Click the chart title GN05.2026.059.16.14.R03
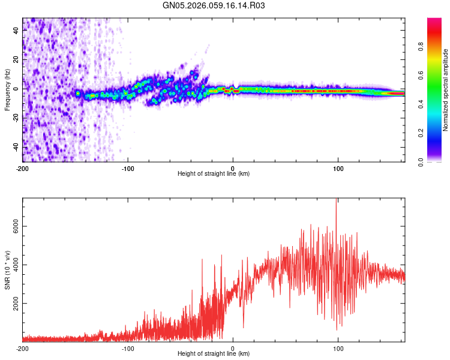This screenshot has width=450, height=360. pyautogui.click(x=214, y=5)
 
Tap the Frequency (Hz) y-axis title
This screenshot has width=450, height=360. pyautogui.click(x=7, y=90)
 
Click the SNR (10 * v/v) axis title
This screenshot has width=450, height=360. pyautogui.click(x=7, y=270)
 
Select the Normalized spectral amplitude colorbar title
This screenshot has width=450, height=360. pyautogui.click(x=446, y=90)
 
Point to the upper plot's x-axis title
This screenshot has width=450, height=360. pyautogui.click(x=214, y=173)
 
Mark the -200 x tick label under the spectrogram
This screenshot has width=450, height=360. pyautogui.click(x=23, y=167)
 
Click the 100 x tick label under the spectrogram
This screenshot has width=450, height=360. pyautogui.click(x=338, y=167)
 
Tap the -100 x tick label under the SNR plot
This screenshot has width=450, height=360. pyautogui.click(x=128, y=347)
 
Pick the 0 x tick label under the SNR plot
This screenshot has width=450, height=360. pyautogui.click(x=233, y=347)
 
